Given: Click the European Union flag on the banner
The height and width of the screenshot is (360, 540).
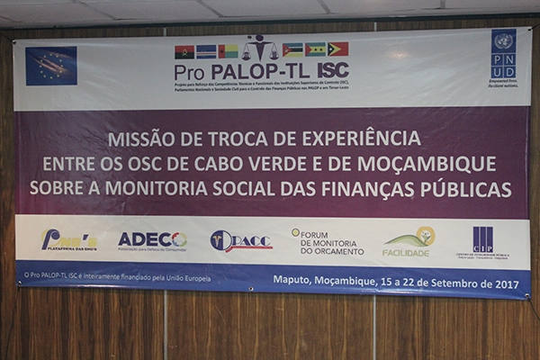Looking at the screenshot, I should [51, 66].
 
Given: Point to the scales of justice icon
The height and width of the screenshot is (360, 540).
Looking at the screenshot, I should [260, 48].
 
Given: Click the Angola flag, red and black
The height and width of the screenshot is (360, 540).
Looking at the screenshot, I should [184, 51].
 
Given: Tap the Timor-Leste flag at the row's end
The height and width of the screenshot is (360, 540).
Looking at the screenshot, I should [337, 49].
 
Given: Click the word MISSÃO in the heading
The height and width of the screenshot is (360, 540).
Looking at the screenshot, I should [140, 139].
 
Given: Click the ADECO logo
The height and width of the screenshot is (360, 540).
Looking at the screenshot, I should [151, 240].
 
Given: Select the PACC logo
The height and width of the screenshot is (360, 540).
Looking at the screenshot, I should [240, 240].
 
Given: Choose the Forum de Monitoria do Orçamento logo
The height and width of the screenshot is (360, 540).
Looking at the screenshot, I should [327, 240].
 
